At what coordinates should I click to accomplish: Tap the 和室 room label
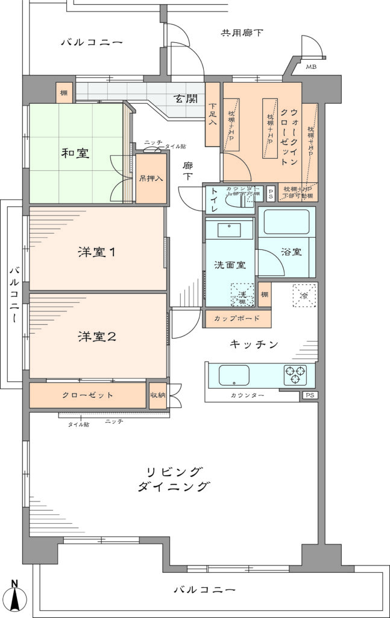pyautogui.click(x=75, y=153)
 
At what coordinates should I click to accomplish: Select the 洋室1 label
pyautogui.click(x=96, y=252)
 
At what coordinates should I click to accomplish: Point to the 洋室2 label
pyautogui.click(x=96, y=337)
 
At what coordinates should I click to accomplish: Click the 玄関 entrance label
pyautogui.click(x=186, y=98)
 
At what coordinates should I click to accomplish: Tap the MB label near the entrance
pyautogui.click(x=311, y=67)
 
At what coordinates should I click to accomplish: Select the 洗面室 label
pyautogui.click(x=230, y=264)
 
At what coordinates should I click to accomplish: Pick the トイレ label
pyautogui.click(x=214, y=200)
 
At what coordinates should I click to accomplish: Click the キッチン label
pyautogui.click(x=254, y=345)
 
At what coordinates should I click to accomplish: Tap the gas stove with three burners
pyautogui.click(x=295, y=375)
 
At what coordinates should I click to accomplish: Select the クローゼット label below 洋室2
pyautogui.click(x=88, y=395)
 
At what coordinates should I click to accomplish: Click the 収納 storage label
pyautogui.click(x=158, y=395)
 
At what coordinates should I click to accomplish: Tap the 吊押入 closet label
pyautogui.click(x=151, y=179)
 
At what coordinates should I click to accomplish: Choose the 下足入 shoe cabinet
pyautogui.click(x=212, y=115)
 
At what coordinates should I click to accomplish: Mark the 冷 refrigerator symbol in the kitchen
pyautogui.click(x=304, y=295)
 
